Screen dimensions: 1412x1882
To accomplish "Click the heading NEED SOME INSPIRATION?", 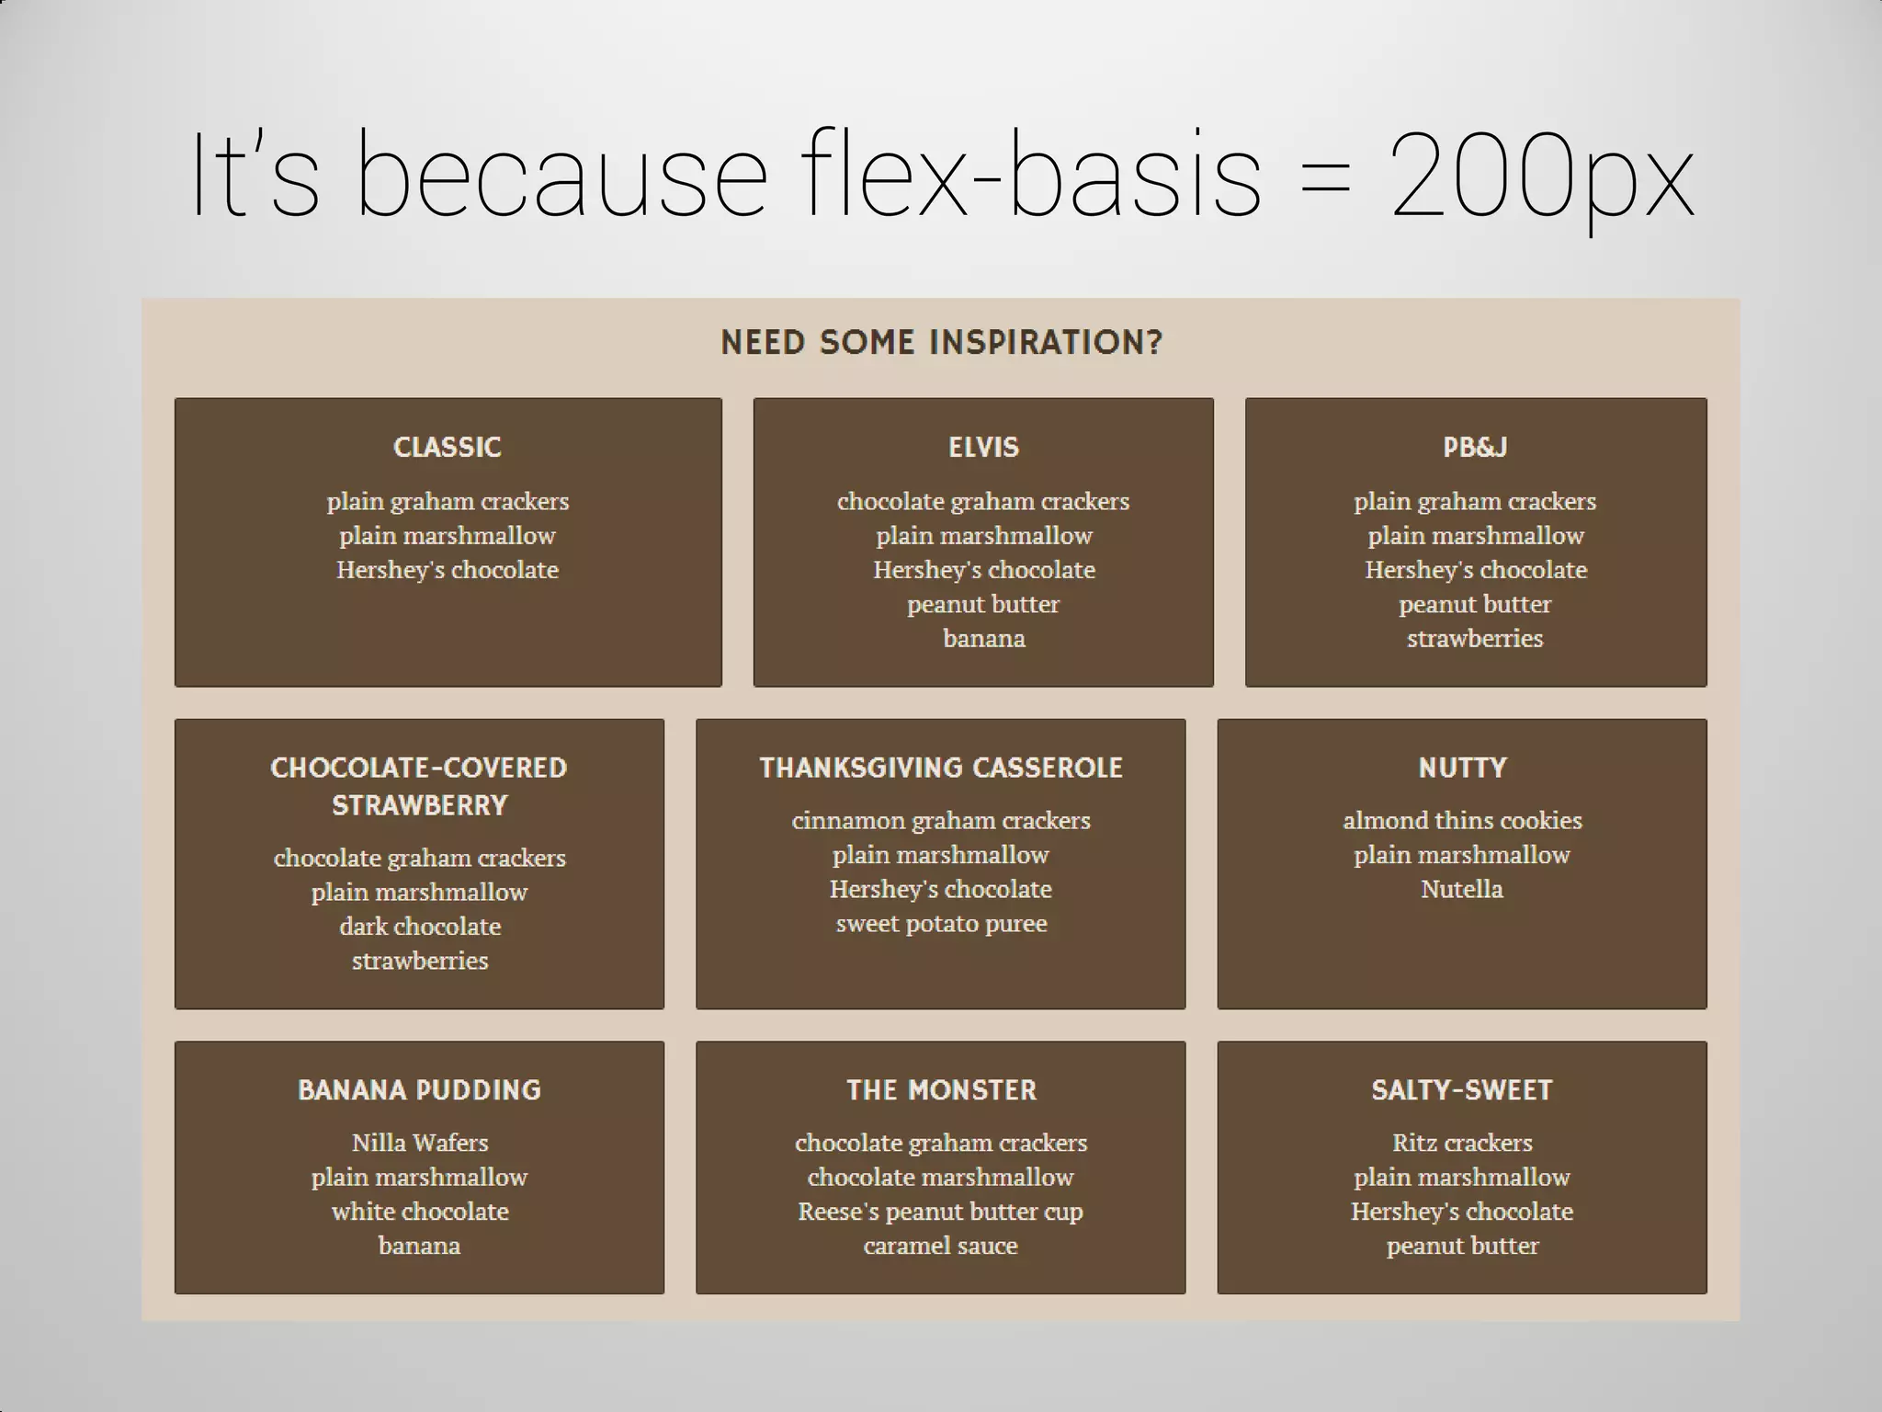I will [941, 342].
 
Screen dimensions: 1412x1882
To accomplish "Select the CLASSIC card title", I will [448, 447].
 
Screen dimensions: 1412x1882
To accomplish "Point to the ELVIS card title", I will [983, 447].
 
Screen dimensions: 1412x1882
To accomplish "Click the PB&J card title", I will [1475, 447].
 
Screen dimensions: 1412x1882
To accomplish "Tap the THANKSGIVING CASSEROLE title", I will [941, 768].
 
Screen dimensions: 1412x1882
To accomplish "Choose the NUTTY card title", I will [1462, 768].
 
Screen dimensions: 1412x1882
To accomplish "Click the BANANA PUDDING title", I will [419, 1090].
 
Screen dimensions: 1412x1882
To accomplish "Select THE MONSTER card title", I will [941, 1090].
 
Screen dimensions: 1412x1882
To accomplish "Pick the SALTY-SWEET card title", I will [1462, 1090].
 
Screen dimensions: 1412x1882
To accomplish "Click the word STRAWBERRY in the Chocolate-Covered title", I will [419, 805].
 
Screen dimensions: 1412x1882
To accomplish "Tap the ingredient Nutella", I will [1462, 889].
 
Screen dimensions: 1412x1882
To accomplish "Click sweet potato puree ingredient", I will [941, 923].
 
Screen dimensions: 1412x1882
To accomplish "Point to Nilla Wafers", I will [419, 1143].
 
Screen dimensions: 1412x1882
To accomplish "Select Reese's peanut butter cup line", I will [941, 1212].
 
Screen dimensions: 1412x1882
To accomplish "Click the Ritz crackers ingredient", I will [1462, 1143].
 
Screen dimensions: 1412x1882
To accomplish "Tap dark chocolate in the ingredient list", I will [419, 926].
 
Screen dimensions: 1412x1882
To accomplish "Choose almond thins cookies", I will [1462, 820].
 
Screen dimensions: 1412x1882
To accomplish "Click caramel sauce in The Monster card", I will [941, 1246].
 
